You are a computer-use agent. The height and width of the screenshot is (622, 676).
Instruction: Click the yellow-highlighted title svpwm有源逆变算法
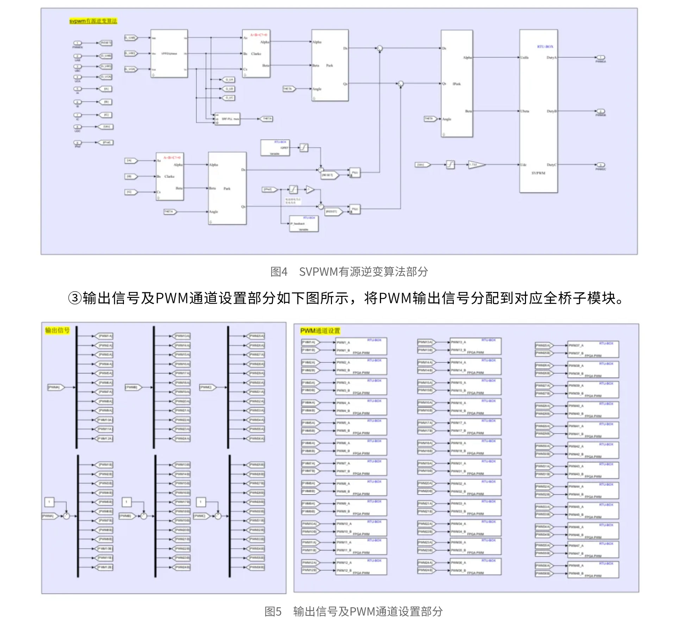click(93, 21)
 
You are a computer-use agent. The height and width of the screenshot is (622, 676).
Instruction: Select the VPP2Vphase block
click(169, 53)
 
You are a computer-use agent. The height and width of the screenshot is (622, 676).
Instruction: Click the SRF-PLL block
click(227, 119)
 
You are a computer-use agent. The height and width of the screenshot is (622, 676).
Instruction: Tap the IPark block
click(457, 84)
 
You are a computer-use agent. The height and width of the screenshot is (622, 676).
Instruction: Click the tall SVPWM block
click(538, 111)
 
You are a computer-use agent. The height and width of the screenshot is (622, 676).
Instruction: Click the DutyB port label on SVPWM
click(551, 111)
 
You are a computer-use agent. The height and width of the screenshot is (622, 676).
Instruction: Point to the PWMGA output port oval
click(600, 57)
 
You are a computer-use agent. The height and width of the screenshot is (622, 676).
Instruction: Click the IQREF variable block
click(275, 148)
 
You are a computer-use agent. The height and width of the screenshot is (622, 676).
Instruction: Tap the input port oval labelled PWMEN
click(77, 43)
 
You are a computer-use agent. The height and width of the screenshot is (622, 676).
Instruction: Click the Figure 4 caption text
click(349, 272)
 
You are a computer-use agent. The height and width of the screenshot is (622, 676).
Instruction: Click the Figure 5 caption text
click(353, 611)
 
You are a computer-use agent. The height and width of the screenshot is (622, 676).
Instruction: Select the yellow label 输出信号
click(57, 330)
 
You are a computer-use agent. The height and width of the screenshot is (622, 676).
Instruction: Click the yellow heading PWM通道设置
click(320, 331)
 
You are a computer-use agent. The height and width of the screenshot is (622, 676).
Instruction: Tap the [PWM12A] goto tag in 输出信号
click(105, 439)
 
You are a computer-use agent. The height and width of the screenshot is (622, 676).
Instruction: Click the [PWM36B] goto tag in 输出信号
click(257, 567)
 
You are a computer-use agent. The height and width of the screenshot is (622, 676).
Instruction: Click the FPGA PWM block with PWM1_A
click(361, 346)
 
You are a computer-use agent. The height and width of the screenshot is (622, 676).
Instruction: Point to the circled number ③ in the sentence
click(75, 298)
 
